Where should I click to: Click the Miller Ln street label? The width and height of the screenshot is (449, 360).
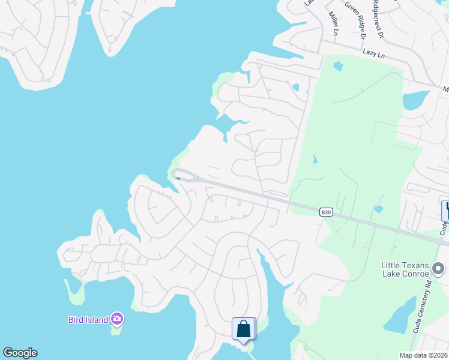coord(333,23)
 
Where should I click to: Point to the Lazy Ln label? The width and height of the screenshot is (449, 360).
coord(373,53)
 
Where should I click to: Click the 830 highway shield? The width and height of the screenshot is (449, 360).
coord(326,212)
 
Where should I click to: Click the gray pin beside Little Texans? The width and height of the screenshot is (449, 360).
coord(439,268)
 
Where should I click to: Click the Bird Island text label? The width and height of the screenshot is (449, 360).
coord(88,319)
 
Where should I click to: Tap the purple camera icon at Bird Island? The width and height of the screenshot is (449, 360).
coord(117,318)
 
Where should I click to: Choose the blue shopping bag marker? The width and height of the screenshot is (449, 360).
coord(244,329)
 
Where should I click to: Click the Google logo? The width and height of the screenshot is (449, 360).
coord(20,353)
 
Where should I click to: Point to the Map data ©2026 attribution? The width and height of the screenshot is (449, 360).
coord(424,355)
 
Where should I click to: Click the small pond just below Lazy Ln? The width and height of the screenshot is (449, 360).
coord(339,66)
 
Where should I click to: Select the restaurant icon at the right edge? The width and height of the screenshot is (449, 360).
coord(446,210)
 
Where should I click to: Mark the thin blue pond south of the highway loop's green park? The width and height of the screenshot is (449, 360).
coord(315,160)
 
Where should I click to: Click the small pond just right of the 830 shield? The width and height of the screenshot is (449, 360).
coord(378,209)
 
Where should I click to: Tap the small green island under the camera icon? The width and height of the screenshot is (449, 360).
coord(116,329)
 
